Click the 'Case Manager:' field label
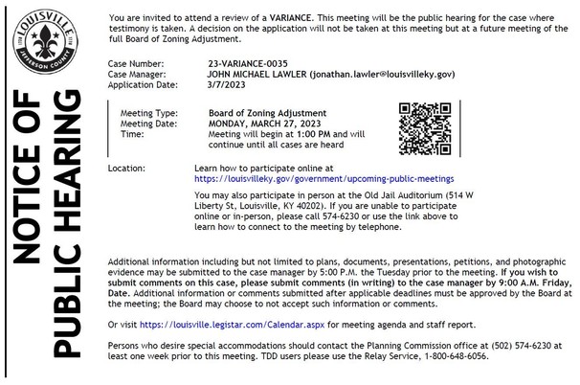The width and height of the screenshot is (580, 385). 140,72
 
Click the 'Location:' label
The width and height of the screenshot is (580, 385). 127,168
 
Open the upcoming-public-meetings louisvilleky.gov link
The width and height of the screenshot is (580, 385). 323,178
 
